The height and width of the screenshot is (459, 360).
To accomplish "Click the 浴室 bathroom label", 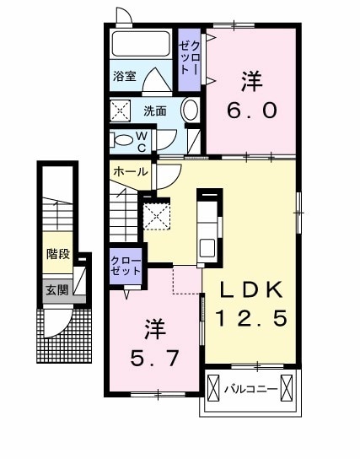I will [x=125, y=75].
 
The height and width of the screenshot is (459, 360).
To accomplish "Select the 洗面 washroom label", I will [x=153, y=111].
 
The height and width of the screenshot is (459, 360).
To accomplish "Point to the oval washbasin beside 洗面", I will [x=190, y=111].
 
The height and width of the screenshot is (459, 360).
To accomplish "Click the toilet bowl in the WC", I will [x=124, y=140].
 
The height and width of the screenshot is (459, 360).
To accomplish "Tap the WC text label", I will [x=142, y=139].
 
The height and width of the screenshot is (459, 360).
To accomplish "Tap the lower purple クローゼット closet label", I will [x=125, y=267].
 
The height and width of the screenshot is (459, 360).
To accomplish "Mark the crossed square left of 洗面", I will [x=121, y=111].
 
